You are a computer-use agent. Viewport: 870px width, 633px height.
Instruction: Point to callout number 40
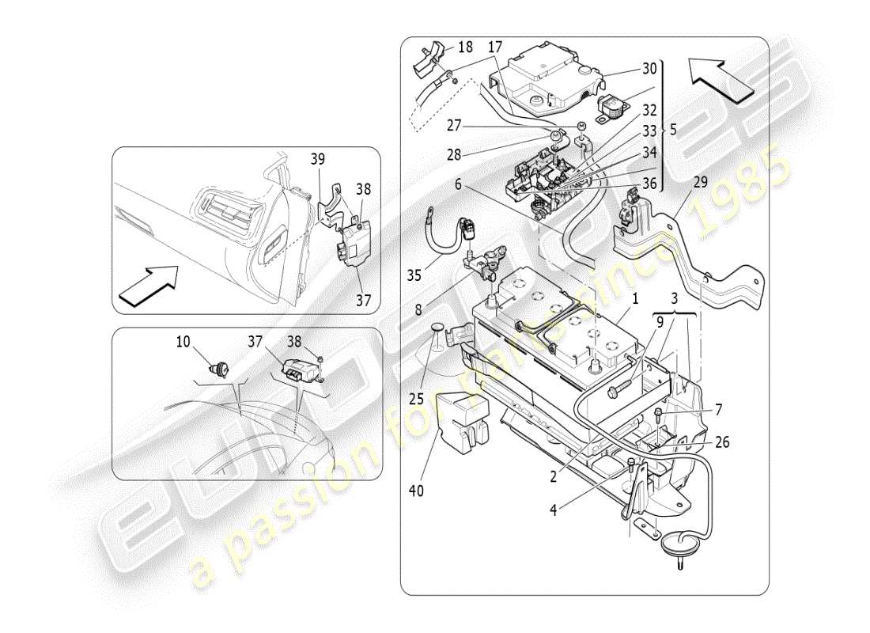click(416, 491)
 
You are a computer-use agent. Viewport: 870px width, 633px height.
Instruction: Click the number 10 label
click(183, 341)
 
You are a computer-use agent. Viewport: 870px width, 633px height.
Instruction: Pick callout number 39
click(317, 159)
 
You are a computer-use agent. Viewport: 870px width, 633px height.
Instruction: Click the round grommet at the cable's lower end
click(674, 544)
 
